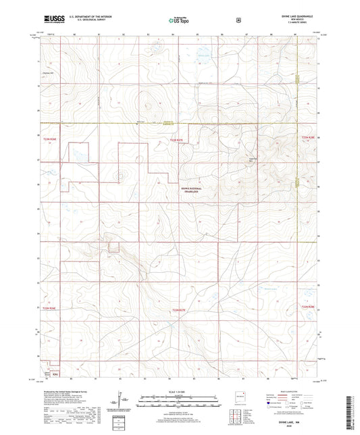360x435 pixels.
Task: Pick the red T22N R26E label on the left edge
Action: [49, 307]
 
